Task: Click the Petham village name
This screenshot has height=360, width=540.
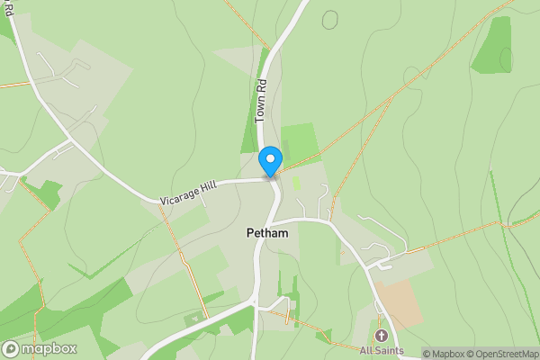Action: (267, 233)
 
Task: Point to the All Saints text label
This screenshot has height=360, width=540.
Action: (382, 351)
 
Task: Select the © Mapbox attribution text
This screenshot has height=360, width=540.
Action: (444, 354)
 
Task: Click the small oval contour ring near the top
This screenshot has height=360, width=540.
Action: (331, 18)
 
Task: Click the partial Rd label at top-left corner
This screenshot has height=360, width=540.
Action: (8, 9)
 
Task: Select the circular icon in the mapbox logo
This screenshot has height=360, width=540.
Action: (11, 349)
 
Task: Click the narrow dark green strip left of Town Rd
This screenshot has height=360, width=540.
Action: (250, 126)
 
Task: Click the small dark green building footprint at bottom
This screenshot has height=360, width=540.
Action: (193, 319)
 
